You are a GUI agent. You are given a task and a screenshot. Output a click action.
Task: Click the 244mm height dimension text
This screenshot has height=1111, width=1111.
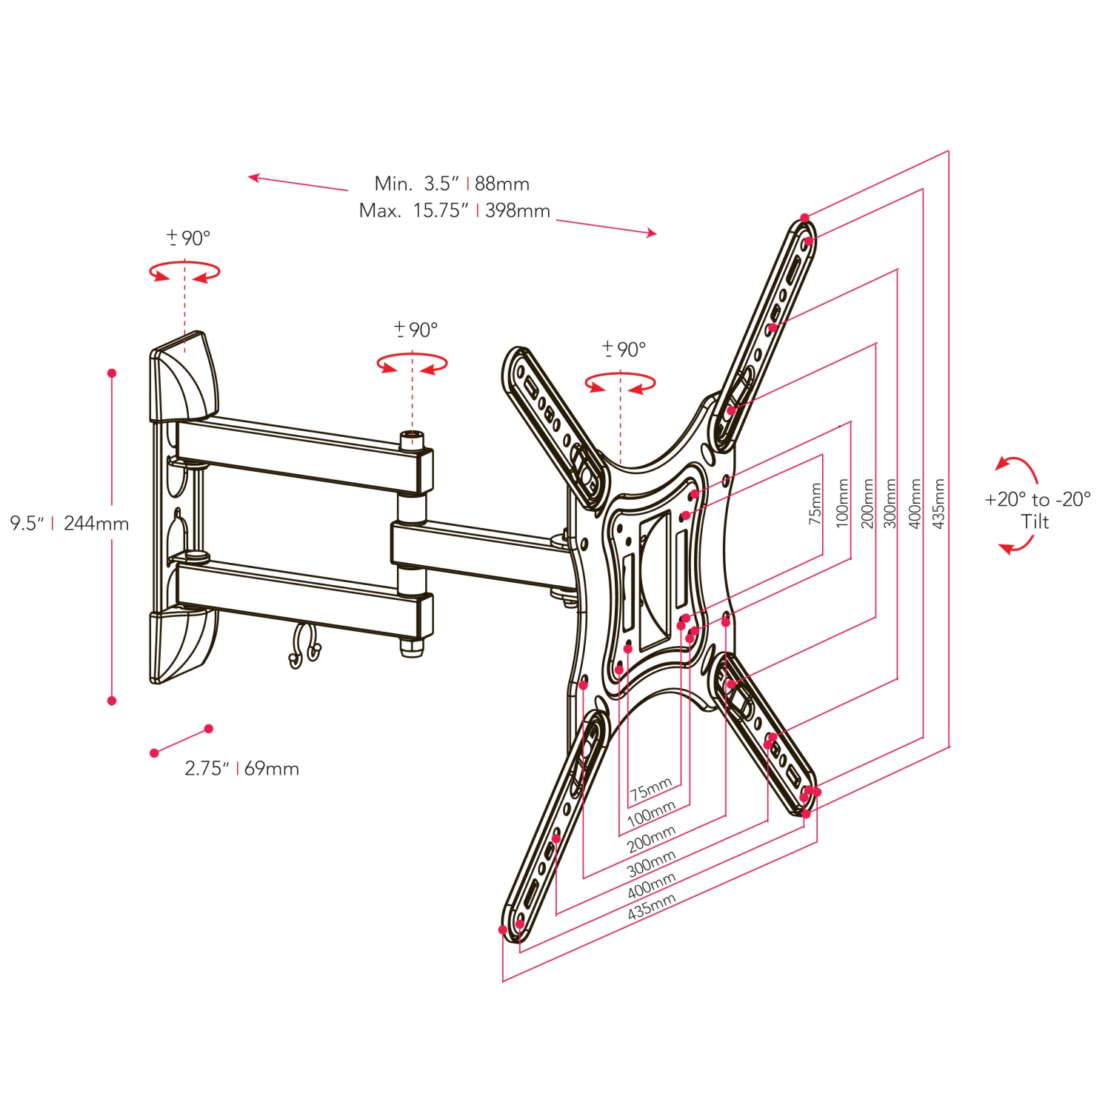96,524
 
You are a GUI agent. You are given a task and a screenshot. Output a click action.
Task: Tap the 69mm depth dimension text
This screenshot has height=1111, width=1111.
271,769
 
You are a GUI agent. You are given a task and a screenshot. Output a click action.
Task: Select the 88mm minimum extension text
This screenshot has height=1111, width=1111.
501,184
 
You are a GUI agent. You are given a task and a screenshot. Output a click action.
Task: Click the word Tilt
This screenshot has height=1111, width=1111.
1035,522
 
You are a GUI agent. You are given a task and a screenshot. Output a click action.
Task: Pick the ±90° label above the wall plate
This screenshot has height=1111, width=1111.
188,238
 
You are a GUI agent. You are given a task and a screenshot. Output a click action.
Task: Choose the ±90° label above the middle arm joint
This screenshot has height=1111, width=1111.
416,330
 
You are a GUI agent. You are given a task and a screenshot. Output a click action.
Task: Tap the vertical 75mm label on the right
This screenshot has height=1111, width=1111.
815,504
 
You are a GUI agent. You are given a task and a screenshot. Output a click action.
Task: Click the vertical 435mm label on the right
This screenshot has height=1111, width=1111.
938,503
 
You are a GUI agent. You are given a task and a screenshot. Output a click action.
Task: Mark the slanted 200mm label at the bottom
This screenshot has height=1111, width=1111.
651,839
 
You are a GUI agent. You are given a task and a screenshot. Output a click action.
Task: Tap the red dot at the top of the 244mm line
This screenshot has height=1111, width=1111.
112,373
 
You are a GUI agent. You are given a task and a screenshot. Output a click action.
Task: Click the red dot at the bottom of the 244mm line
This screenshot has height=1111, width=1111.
112,701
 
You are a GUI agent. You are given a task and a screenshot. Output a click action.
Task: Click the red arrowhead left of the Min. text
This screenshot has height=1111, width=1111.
253,177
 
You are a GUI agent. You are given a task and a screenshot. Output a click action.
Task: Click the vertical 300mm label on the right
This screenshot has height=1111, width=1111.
890,503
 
